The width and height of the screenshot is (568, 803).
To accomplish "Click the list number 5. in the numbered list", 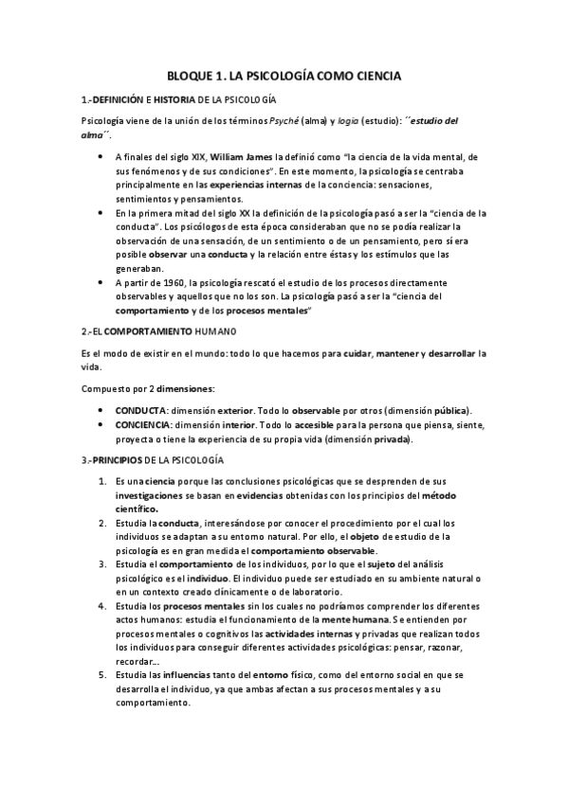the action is tap(103, 677).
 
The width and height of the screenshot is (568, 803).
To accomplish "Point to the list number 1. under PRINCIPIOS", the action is tap(103, 481).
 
